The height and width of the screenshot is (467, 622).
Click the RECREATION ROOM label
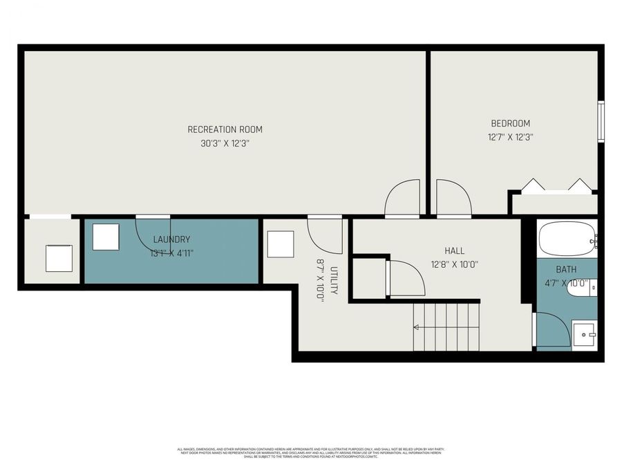point(225,129)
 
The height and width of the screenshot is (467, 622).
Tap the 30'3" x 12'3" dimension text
point(225,145)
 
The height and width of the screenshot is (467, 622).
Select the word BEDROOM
point(510,123)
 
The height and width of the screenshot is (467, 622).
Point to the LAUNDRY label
point(171,239)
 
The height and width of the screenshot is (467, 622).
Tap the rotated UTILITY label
point(334,280)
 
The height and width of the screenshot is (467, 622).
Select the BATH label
point(566,269)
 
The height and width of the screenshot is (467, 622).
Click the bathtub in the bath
point(567,239)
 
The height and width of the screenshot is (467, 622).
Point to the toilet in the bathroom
point(582,289)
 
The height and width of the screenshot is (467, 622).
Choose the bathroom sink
point(584,334)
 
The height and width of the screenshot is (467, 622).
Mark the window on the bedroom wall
point(601,121)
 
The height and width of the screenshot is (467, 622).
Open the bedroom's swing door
point(453,199)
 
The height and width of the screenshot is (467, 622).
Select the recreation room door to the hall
point(402,199)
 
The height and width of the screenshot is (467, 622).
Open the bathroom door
point(552,330)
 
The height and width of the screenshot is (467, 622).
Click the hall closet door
point(405,278)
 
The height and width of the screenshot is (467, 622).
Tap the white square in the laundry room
point(106,237)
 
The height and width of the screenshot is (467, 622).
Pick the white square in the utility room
point(280,244)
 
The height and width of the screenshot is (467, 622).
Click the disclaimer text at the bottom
point(311,452)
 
